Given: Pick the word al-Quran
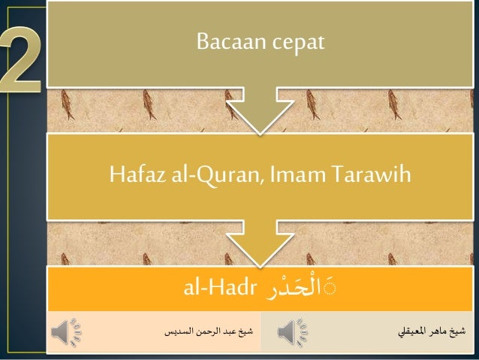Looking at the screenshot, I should point(204,176).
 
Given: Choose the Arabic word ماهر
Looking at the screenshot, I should point(441,331).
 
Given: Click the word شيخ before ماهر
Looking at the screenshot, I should point(458,331).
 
